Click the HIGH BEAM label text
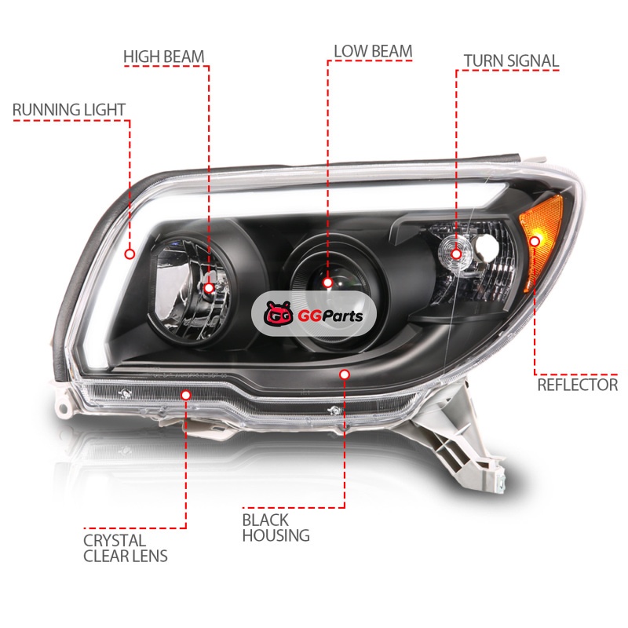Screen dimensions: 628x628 tap(164, 57)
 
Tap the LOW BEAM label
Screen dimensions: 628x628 tap(373, 51)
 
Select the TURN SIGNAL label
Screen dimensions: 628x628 tap(511, 61)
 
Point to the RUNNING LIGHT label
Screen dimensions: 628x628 tap(69, 110)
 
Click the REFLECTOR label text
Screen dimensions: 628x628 tap(577, 385)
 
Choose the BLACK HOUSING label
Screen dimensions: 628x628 tap(276, 528)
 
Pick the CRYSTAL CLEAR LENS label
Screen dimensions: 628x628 tap(126, 548)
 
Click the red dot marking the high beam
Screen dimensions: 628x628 tap(209, 288)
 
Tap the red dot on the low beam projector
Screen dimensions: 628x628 tap(327, 283)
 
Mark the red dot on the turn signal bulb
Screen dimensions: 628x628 tap(456, 254)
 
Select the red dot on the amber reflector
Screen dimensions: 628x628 tap(535, 241)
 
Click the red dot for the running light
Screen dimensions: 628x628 tap(130, 254)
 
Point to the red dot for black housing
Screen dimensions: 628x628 tap(345, 374)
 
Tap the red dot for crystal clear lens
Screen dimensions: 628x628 tap(185, 396)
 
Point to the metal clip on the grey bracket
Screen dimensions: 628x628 tap(501, 484)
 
